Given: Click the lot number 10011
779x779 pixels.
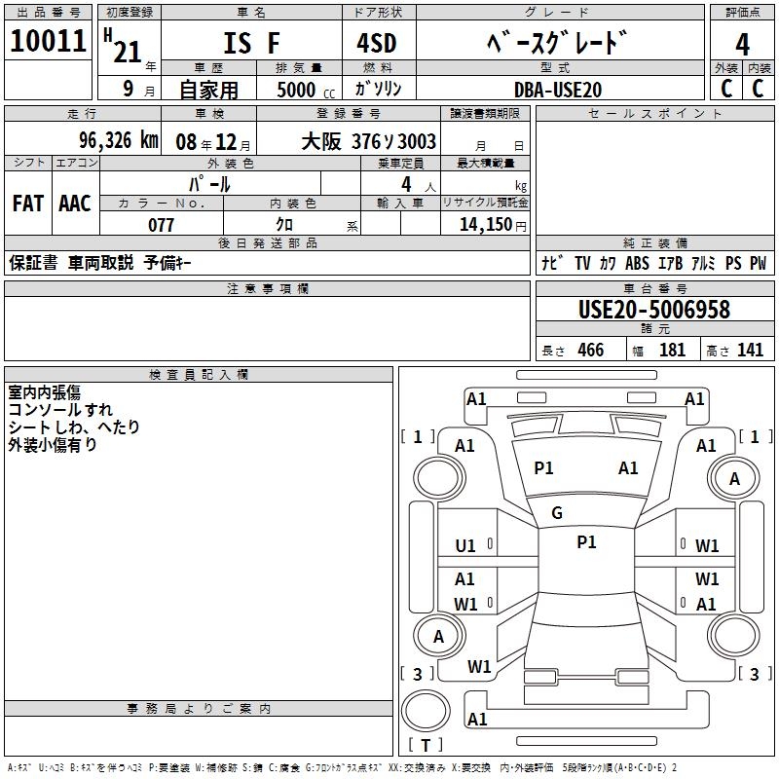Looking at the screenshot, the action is tap(48, 41).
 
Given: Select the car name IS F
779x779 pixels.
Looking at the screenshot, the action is tap(251, 43).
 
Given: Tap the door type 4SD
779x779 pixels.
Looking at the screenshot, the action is tap(377, 43).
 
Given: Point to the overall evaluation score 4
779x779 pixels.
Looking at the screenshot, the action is tap(742, 45).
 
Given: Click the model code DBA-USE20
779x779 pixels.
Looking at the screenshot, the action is tap(558, 90).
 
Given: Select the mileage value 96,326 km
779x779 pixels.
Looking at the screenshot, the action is tap(118, 140).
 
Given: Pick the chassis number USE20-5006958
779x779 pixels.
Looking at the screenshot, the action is tap(654, 310).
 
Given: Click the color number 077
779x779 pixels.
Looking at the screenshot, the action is tap(161, 225).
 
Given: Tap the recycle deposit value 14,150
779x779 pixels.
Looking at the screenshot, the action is tap(485, 225).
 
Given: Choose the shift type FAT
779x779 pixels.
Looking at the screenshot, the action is tap(28, 204).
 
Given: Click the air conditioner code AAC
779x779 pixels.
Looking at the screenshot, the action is tap(75, 204).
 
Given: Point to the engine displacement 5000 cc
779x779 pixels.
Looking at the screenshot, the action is tap(306, 90).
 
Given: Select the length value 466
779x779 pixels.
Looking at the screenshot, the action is tap(591, 350).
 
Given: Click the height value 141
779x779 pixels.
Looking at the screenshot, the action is tap(750, 350).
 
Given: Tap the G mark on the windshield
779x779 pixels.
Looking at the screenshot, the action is tap(557, 513).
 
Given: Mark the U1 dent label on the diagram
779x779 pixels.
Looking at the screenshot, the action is tap(465, 546).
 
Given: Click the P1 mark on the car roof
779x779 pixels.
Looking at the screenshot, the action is tap(587, 542).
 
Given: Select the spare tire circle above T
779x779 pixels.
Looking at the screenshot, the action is tap(426, 711).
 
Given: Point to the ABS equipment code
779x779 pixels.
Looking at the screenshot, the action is tap(637, 263).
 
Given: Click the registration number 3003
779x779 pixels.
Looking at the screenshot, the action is tap(418, 141).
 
